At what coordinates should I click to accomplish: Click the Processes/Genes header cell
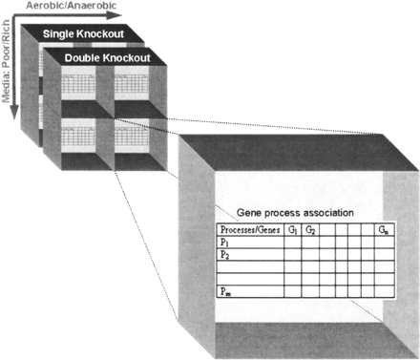[249, 230]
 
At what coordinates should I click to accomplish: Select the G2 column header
[311, 230]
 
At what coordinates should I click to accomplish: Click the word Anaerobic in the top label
[98, 7]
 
